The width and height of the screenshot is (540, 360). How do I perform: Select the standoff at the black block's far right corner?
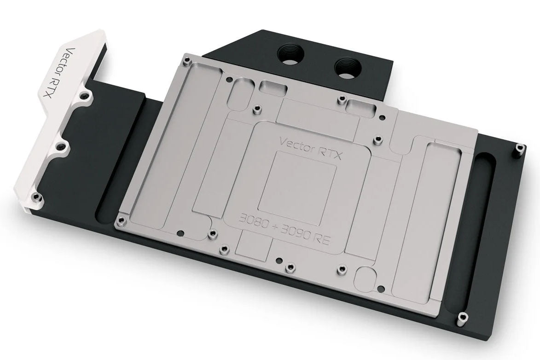click(520, 148)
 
